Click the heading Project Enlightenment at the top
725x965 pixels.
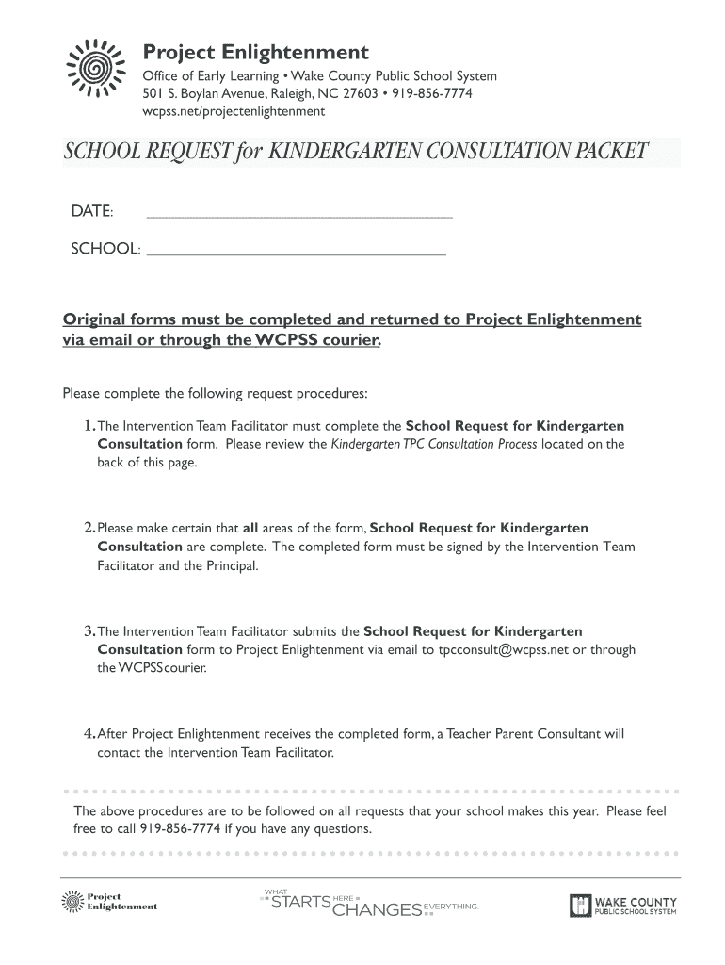point(255,51)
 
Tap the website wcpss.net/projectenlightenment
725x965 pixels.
point(233,111)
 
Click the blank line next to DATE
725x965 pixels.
point(299,217)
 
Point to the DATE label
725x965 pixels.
point(92,209)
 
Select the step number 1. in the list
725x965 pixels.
point(89,426)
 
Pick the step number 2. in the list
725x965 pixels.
point(89,529)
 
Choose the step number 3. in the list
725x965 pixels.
point(89,631)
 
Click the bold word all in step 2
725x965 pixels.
point(250,529)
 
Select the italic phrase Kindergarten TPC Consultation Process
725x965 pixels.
point(434,444)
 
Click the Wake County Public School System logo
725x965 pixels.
point(622,906)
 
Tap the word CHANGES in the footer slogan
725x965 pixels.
point(378,910)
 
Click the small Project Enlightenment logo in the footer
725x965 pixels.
point(108,902)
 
